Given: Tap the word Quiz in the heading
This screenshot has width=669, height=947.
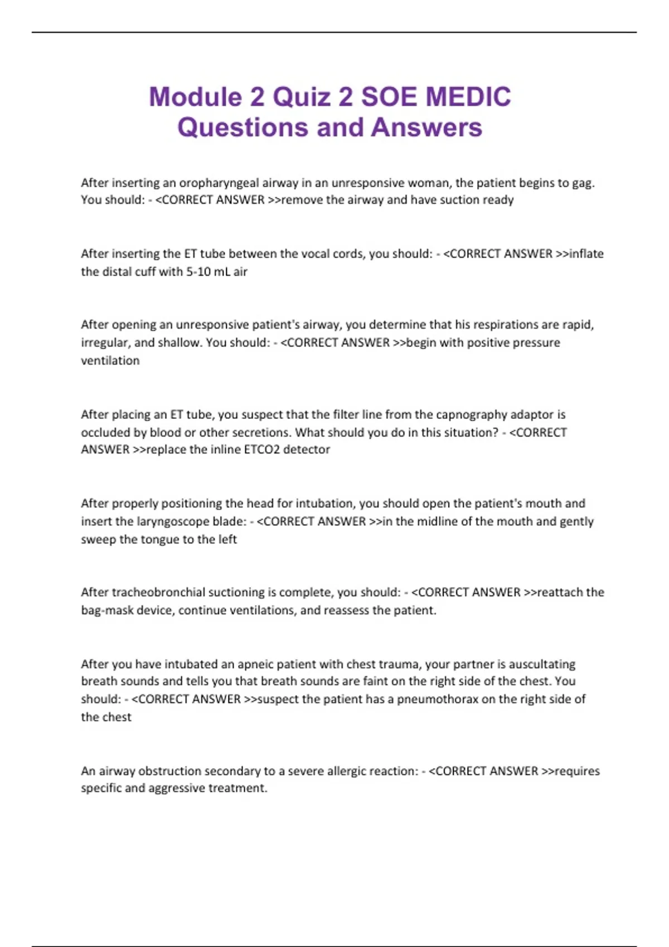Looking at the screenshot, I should click(x=301, y=97).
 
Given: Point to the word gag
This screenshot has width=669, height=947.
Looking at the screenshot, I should click(x=584, y=183).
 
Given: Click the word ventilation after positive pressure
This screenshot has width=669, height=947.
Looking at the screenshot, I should click(x=110, y=360).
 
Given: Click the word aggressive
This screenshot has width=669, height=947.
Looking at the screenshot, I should click(x=177, y=788).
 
